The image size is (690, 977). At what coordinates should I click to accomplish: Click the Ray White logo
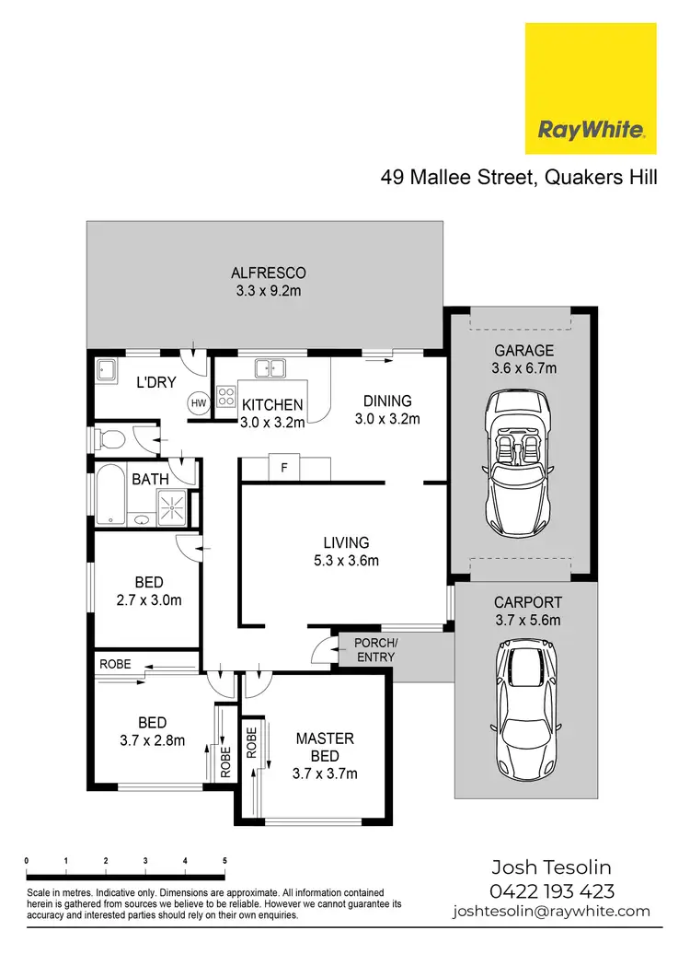(x=590, y=88)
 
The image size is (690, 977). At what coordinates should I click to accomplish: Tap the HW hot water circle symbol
(x=198, y=402)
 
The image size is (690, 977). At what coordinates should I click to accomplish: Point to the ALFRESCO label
(x=268, y=273)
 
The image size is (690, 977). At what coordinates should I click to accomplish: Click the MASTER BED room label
(x=325, y=747)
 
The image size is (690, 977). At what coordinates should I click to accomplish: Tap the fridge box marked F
(x=284, y=468)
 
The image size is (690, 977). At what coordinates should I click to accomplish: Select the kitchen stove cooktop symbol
(x=225, y=398)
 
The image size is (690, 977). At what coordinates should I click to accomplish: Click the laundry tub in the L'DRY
(x=106, y=370)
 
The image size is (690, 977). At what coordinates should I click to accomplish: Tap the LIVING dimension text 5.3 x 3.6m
(x=345, y=560)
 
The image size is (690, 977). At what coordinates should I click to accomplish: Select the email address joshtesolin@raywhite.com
(x=551, y=912)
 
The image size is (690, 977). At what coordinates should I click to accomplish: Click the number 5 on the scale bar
(x=224, y=860)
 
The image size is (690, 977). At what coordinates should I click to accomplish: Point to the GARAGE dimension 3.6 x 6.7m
(x=524, y=368)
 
